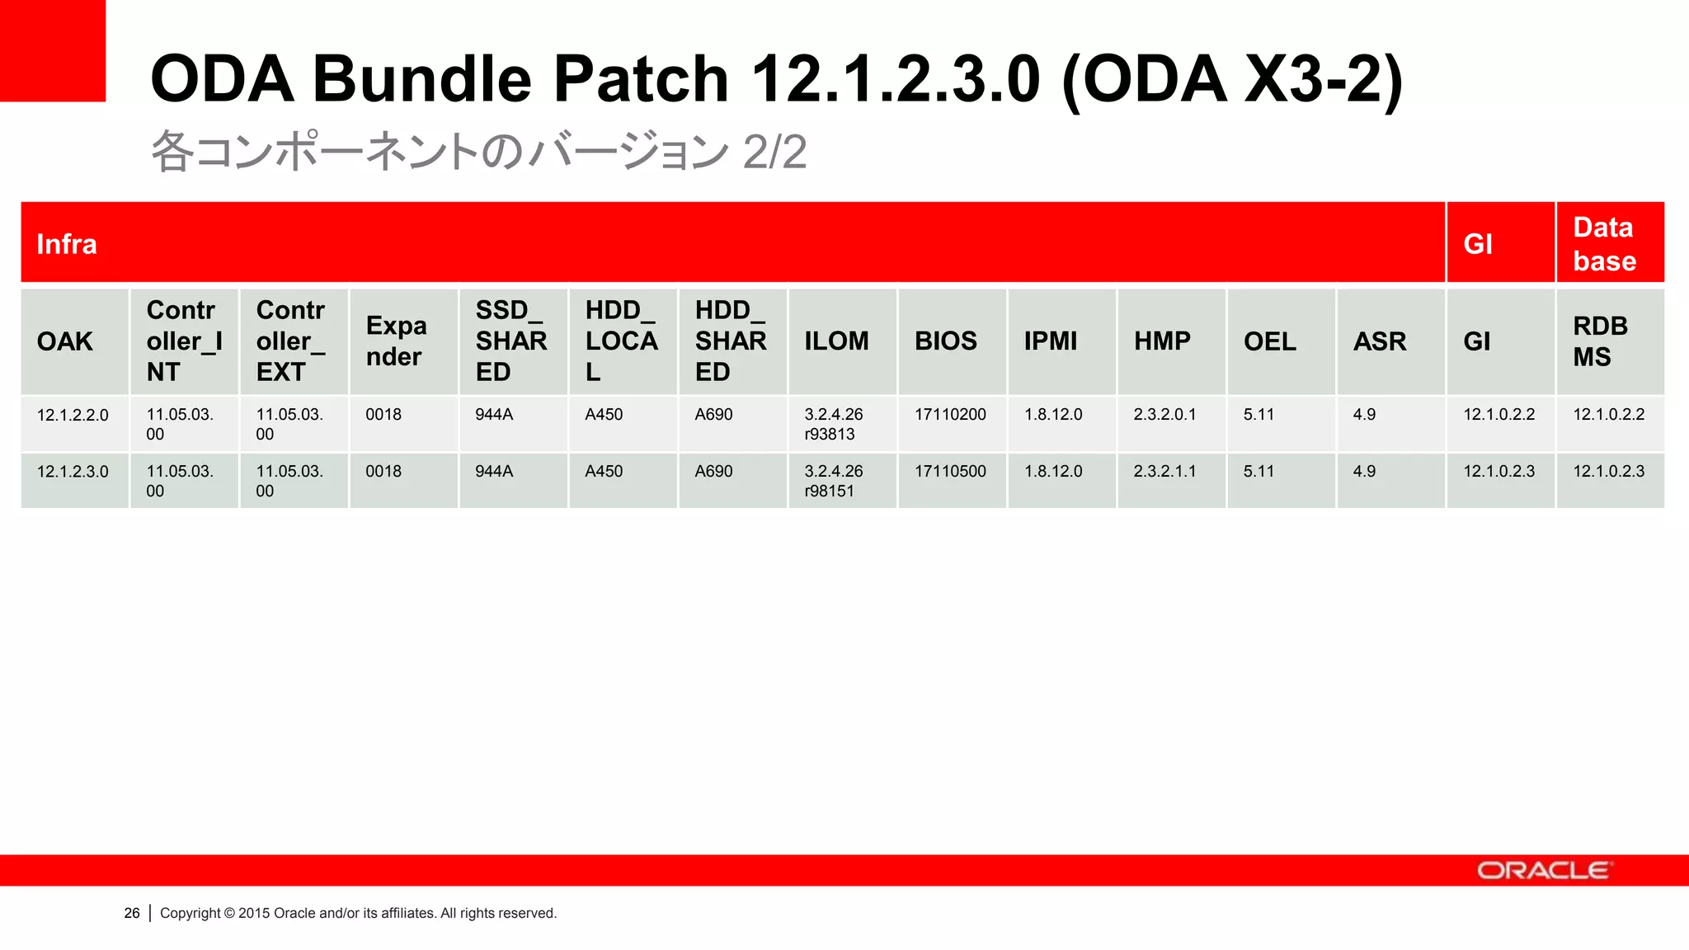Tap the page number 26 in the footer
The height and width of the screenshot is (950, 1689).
point(132,913)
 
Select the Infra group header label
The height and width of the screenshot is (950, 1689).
point(67,244)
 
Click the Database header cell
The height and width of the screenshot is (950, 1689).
point(1604,244)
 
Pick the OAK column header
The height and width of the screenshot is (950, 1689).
point(65,341)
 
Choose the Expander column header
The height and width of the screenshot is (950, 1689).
point(396,341)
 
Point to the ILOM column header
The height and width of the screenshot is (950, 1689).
point(836,341)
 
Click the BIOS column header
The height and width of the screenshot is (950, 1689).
point(945,341)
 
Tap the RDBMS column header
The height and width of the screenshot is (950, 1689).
point(1600,341)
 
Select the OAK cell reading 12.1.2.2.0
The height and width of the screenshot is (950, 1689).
point(73,415)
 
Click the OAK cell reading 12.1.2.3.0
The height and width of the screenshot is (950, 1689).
point(73,472)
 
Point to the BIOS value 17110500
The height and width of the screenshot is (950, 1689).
point(950,472)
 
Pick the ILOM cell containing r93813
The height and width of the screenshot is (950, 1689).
point(833,424)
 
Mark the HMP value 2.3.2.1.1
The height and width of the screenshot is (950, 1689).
point(1164,472)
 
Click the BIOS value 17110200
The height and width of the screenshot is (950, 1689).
point(950,415)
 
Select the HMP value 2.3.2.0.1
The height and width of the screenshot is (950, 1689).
point(1164,415)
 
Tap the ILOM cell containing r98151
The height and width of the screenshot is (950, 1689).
point(833,481)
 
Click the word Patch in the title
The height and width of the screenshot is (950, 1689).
point(640,79)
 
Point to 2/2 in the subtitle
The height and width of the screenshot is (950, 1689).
point(774,152)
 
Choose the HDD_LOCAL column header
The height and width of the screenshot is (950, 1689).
point(621,341)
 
